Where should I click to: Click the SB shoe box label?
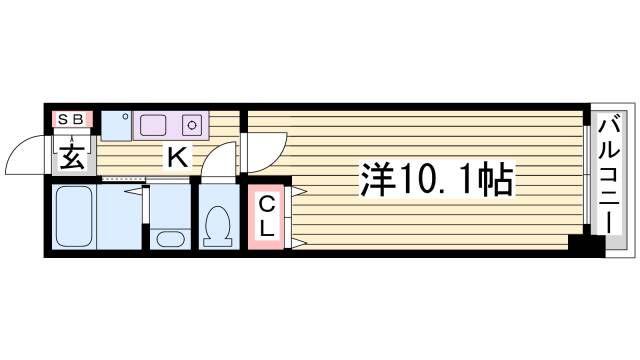(71, 120)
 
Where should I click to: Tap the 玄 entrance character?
(73, 157)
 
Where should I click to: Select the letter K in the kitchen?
(178, 157)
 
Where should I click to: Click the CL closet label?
(267, 217)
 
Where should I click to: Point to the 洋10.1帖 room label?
(436, 179)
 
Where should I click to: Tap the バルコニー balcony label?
(609, 174)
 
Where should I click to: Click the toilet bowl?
(218, 226)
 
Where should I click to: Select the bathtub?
(74, 216)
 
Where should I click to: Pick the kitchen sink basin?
(153, 125)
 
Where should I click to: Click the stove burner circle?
(192, 125)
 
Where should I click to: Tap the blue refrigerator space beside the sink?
(116, 126)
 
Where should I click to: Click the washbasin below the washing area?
(170, 239)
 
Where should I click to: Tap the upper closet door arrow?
(299, 191)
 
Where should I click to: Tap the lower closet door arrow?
(299, 244)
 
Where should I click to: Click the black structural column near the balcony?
(587, 245)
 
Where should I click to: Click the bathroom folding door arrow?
(134, 191)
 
